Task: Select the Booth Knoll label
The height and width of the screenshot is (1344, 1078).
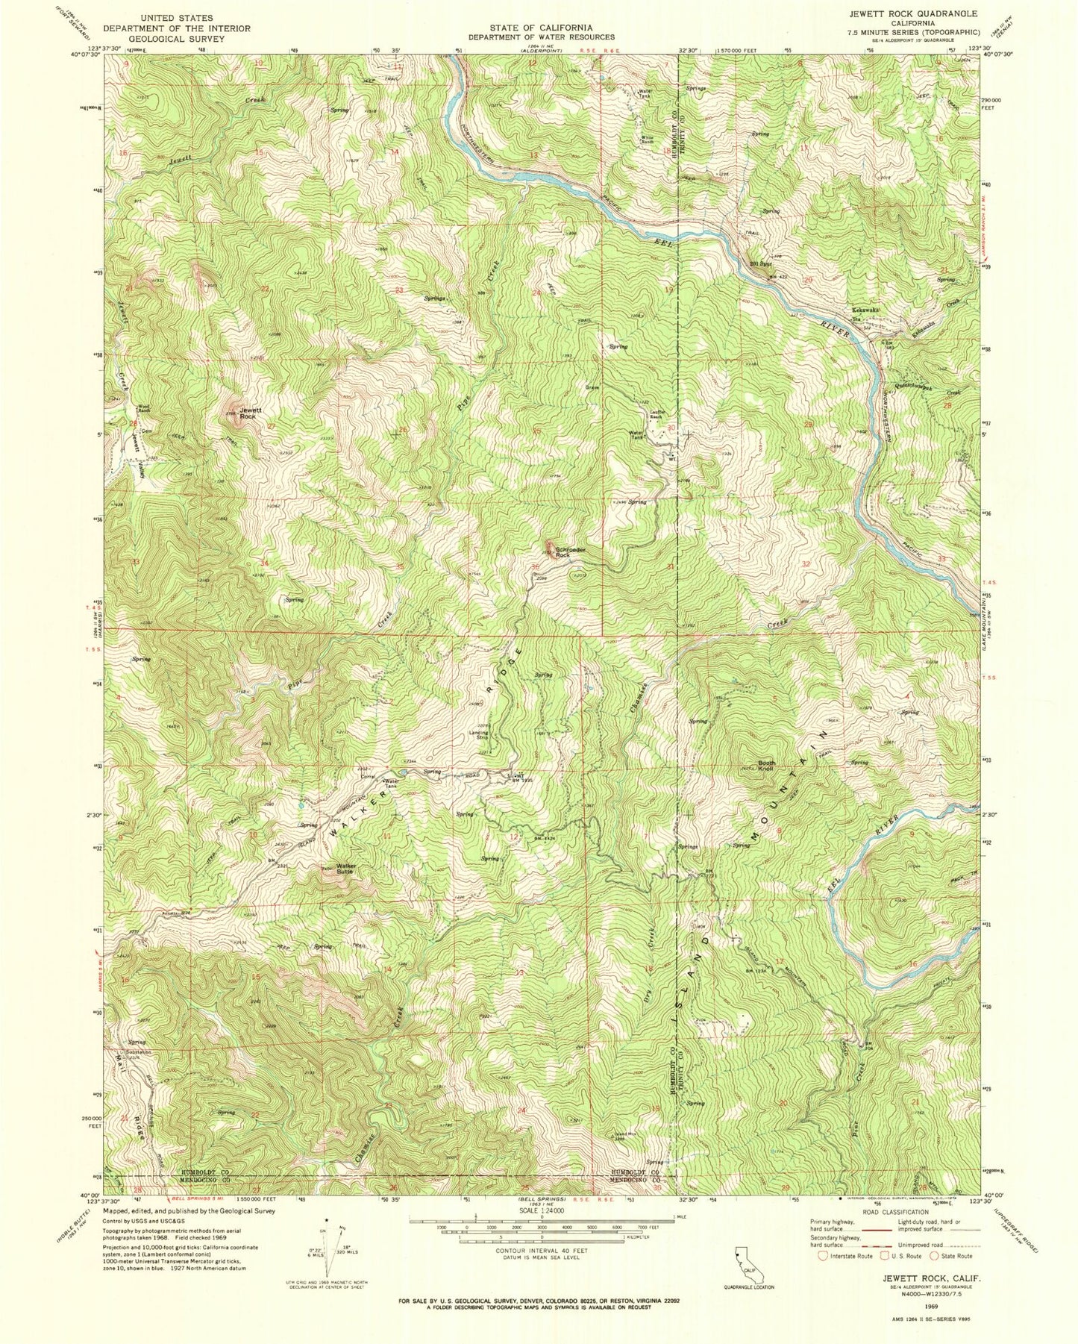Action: click(766, 766)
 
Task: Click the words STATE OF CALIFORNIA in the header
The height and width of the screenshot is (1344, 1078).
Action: click(542, 27)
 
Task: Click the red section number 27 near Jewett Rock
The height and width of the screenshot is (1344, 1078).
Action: click(272, 426)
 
